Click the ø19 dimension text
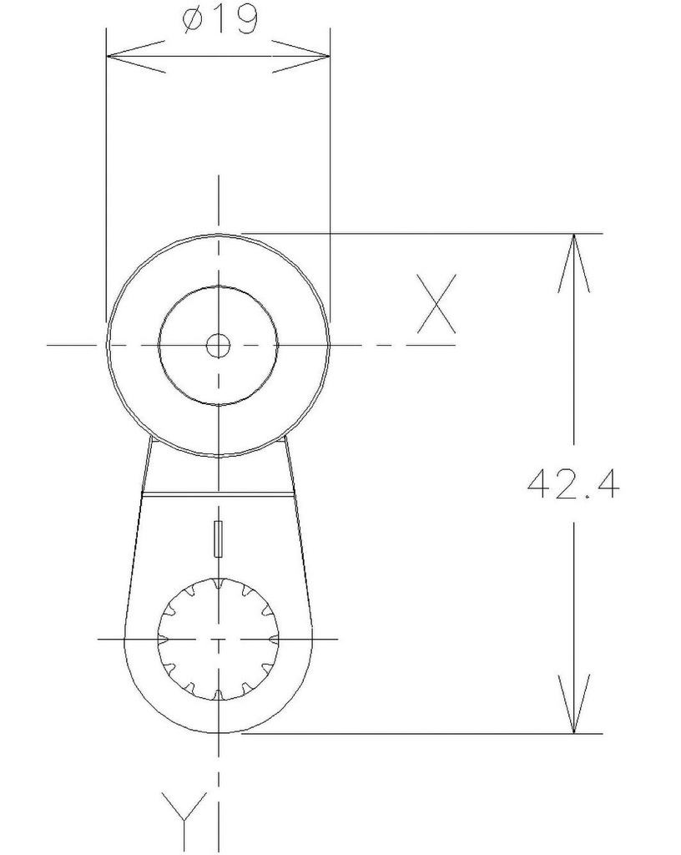coord(219,20)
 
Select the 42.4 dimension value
coord(573,483)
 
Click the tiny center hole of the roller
coord(218,345)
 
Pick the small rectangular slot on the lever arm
coord(219,539)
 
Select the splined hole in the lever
coord(218,639)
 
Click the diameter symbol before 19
coord(191,21)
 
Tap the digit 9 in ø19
coord(243,20)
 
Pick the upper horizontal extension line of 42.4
coord(417,233)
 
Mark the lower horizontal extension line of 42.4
coord(417,734)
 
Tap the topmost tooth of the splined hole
coord(218,584)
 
